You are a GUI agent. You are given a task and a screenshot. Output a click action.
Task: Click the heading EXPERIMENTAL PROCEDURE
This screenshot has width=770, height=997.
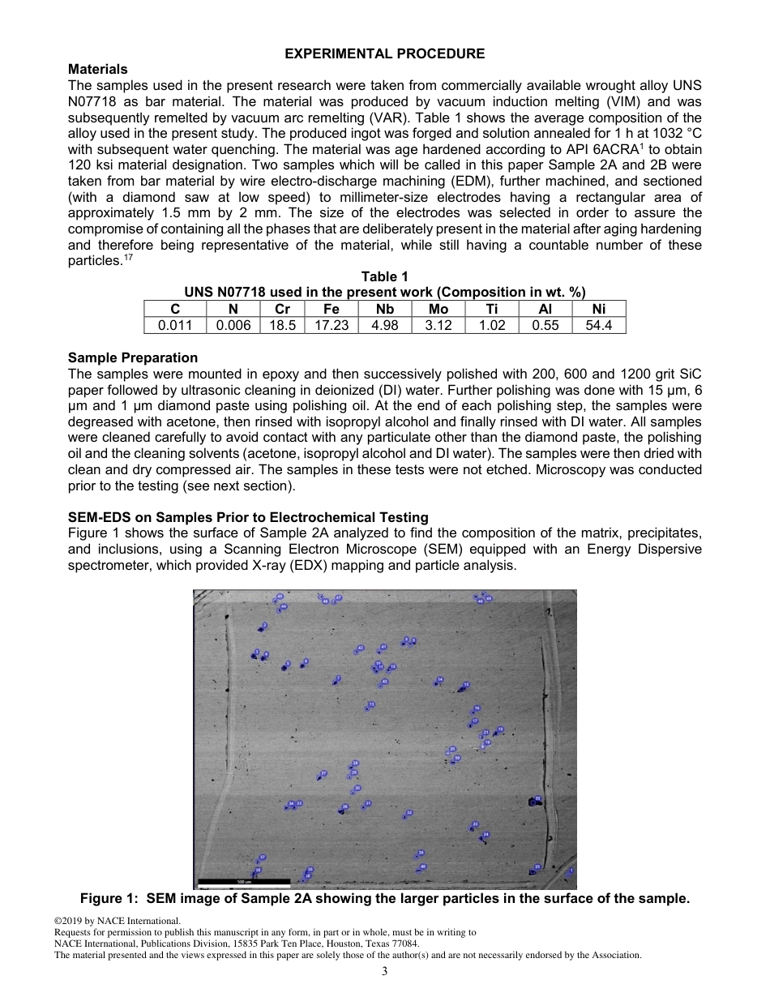coord(385,53)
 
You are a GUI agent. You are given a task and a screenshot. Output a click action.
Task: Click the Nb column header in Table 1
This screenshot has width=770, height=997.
coord(384,309)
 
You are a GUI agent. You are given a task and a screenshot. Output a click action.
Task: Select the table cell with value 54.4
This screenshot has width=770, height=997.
coord(599,325)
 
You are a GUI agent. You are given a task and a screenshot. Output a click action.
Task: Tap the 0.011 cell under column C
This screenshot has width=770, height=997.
coord(175,325)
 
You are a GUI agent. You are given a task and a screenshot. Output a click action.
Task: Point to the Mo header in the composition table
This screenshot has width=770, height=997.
coord(438,309)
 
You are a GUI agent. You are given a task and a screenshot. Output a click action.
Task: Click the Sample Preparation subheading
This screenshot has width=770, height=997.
coord(133,357)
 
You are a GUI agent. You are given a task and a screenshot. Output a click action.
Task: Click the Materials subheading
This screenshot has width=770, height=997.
coord(97,70)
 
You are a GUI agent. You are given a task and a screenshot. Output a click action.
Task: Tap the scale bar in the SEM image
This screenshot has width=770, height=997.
coord(243,881)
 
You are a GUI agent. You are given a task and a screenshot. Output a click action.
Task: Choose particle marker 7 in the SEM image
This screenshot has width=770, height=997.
coord(338,678)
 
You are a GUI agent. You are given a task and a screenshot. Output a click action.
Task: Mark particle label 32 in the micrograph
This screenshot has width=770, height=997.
coord(409,812)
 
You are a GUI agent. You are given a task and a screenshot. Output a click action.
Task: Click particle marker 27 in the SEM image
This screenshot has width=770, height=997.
coord(323,773)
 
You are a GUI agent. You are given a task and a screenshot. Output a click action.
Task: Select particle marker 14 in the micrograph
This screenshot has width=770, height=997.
coord(440,679)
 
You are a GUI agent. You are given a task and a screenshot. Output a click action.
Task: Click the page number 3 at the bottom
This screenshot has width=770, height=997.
coord(385,972)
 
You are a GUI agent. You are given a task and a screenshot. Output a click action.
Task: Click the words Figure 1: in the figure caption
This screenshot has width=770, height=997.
coord(109,898)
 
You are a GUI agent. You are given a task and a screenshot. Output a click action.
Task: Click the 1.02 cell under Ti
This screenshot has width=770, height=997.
coord(493,325)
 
